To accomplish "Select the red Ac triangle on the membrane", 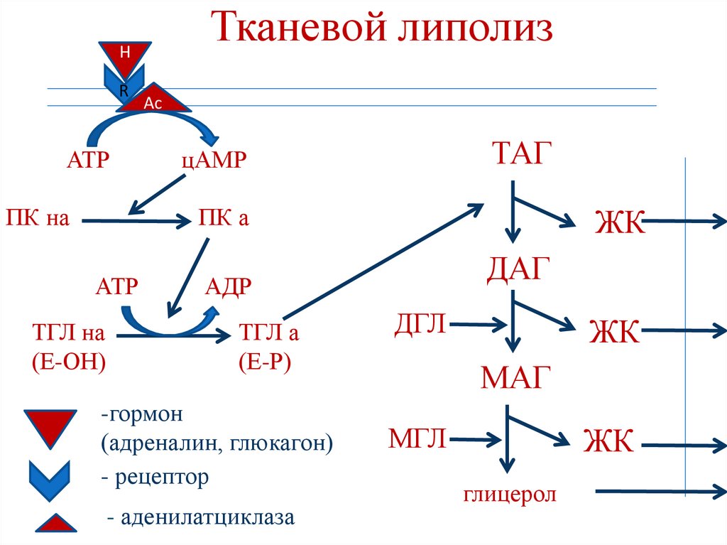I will tap(154, 103).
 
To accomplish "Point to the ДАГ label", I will tap(519, 269).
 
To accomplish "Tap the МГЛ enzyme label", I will tap(417, 438).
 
